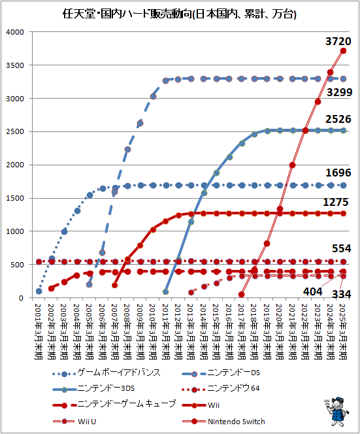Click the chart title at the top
tap(180, 12)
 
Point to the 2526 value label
tap(338, 119)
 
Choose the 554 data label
tap(341, 249)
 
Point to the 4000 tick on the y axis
tap(14, 32)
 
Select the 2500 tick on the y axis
tap(14, 132)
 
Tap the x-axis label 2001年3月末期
tap(39, 330)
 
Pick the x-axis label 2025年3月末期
tap(343, 330)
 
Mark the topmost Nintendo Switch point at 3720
tap(343, 50)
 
